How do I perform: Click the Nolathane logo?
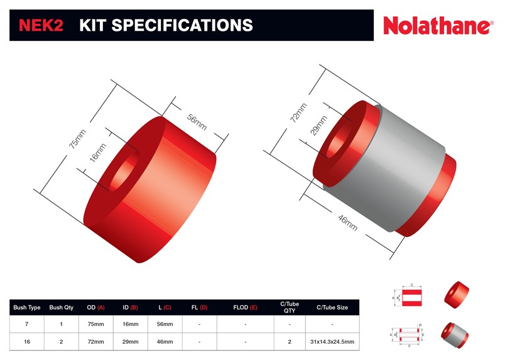pos(438,26)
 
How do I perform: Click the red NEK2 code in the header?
pos(41,25)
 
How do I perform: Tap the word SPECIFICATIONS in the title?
pos(182,25)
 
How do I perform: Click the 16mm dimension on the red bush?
pos(95,153)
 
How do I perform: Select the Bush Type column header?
pos(27,307)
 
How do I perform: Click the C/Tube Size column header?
pos(332,307)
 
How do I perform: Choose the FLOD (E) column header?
pos(245,307)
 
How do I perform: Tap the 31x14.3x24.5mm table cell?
pos(332,341)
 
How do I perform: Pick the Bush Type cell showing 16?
pos(27,341)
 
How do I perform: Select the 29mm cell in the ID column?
pos(130,341)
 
